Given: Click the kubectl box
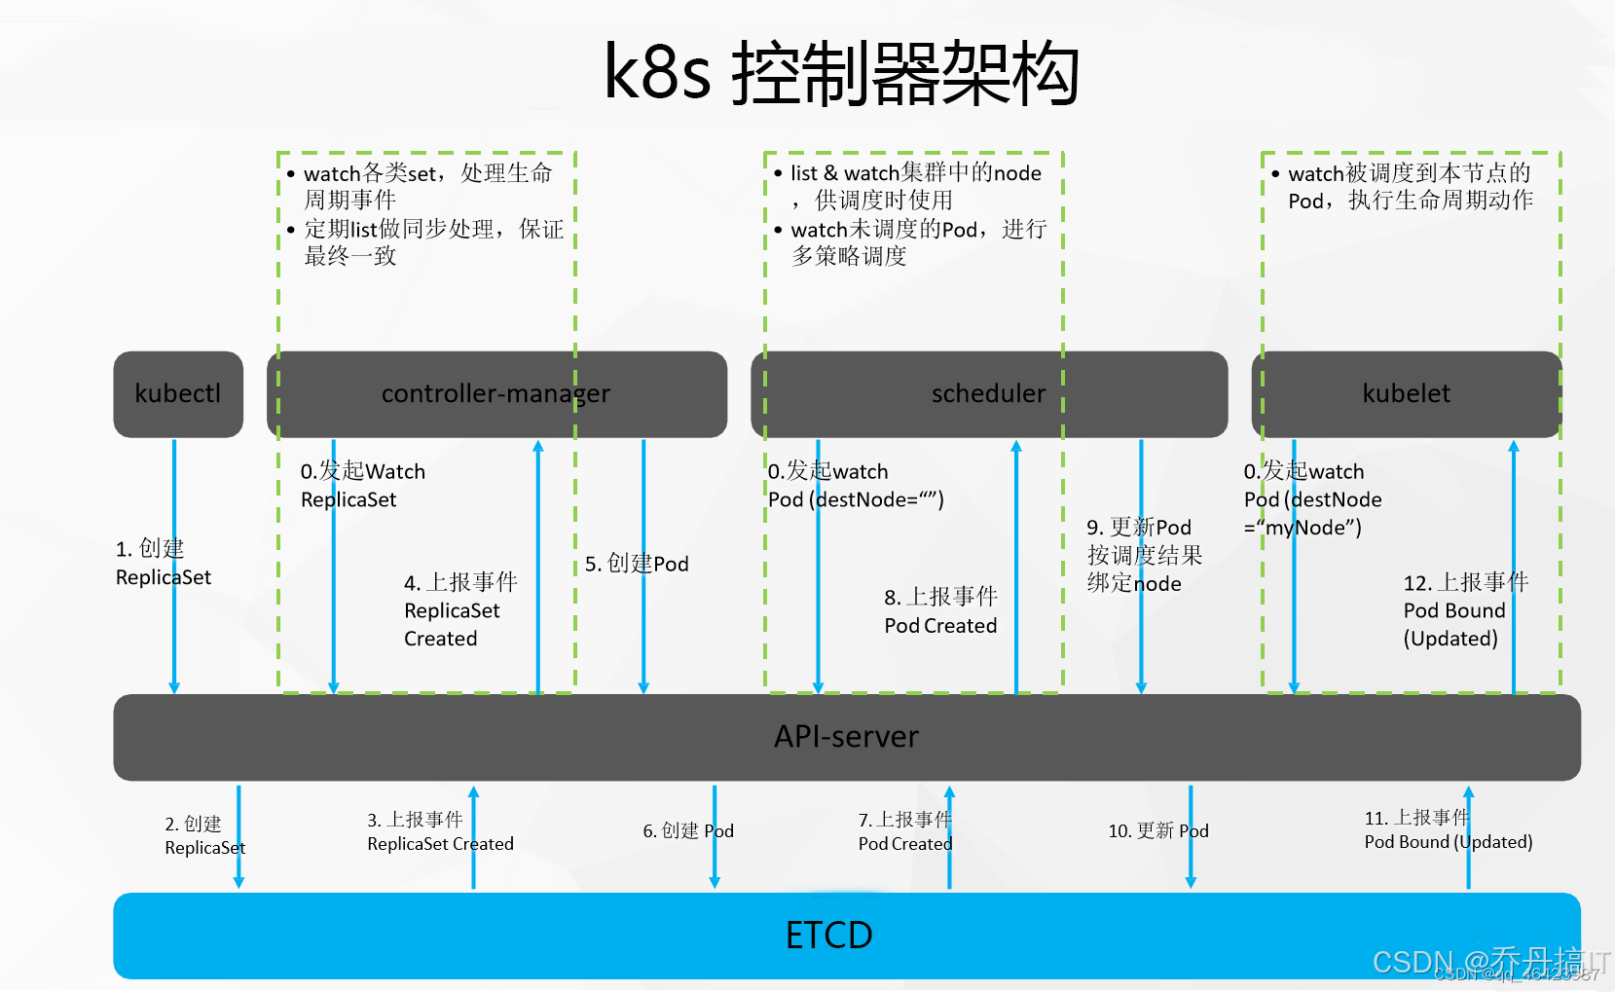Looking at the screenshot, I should pos(178,394).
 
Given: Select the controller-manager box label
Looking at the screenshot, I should pos(496,394).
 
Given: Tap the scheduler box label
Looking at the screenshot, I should pos(988,394).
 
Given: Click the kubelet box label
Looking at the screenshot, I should pos(1406,394).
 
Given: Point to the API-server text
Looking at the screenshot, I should pos(846,737).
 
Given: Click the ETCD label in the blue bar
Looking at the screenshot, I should pos(828,936).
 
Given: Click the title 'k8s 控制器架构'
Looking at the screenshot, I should pos(841,74).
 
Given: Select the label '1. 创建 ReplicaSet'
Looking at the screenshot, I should pos(163,563).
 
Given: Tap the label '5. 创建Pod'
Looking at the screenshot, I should pos(637,564).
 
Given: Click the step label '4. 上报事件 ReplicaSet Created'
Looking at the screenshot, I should pos(459,610).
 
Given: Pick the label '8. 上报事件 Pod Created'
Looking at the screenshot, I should pos(940,611).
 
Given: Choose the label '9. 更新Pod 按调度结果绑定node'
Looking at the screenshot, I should pos(1143,555).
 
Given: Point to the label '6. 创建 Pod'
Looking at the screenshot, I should pos(687,830).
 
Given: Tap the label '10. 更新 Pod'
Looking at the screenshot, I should pos(1157,830).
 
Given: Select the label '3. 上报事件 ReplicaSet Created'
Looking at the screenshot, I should pos(440,832).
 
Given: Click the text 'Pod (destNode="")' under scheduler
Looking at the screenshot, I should pos(856,499).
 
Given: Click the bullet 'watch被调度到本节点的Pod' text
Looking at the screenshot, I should pos(1410,187).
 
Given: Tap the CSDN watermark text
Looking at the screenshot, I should pos(1489,962).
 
